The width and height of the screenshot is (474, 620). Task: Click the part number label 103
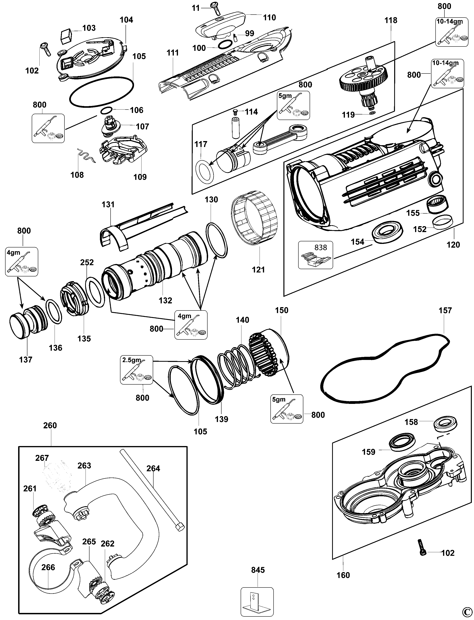click(x=89, y=28)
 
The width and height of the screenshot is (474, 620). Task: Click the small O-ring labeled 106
click(x=107, y=110)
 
